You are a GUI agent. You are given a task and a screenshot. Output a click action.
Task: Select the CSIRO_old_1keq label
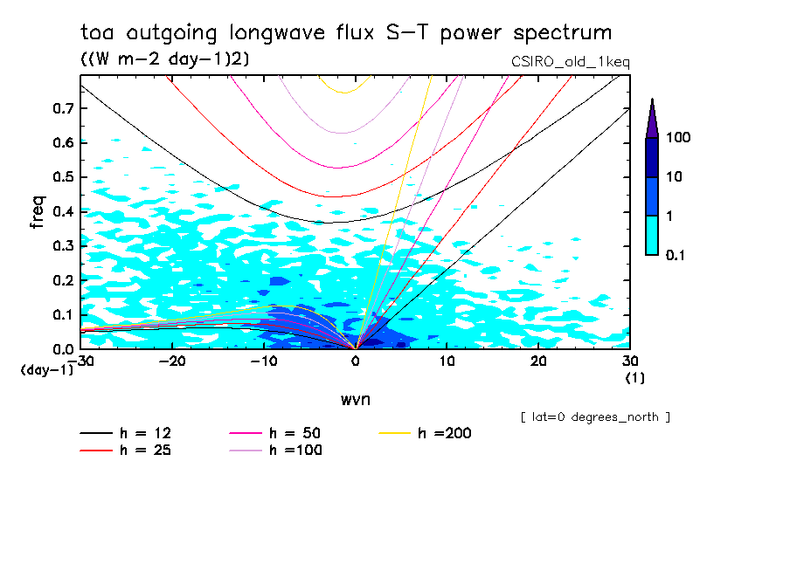tap(570, 62)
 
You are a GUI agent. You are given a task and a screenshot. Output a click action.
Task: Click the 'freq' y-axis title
tap(36, 212)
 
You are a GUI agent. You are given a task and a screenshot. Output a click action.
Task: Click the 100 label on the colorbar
tap(679, 138)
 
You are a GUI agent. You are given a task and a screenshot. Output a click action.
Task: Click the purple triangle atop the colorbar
tap(652, 118)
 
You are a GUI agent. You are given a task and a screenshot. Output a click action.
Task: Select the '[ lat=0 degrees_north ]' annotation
tap(595, 417)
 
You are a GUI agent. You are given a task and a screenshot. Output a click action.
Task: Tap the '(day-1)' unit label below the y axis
tap(47, 370)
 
